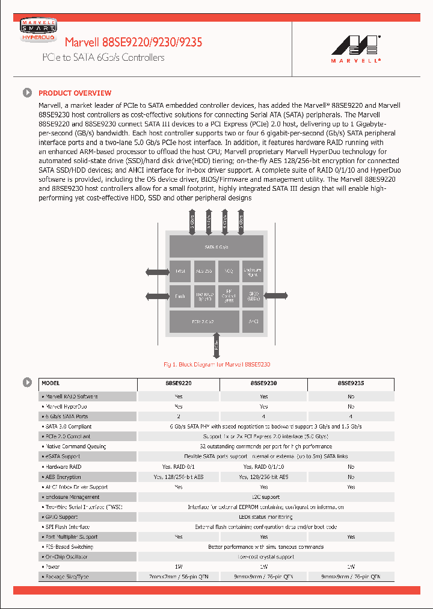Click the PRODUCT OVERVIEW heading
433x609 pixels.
click(75, 93)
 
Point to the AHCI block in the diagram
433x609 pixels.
click(251, 321)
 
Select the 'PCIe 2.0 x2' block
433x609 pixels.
click(203, 321)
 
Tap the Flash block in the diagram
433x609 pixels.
click(180, 296)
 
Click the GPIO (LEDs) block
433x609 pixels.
click(252, 296)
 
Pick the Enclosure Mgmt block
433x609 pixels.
click(252, 271)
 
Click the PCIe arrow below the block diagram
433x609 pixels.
click(216, 346)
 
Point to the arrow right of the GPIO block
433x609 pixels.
click(277, 295)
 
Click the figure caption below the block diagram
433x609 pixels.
click(217, 365)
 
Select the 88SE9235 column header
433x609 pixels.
click(351, 383)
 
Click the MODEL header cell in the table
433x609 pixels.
click(51, 383)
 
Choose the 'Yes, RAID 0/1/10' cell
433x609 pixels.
click(263, 466)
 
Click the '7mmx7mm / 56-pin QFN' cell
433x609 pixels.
click(179, 577)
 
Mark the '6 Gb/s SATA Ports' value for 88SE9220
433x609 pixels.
click(179, 416)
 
